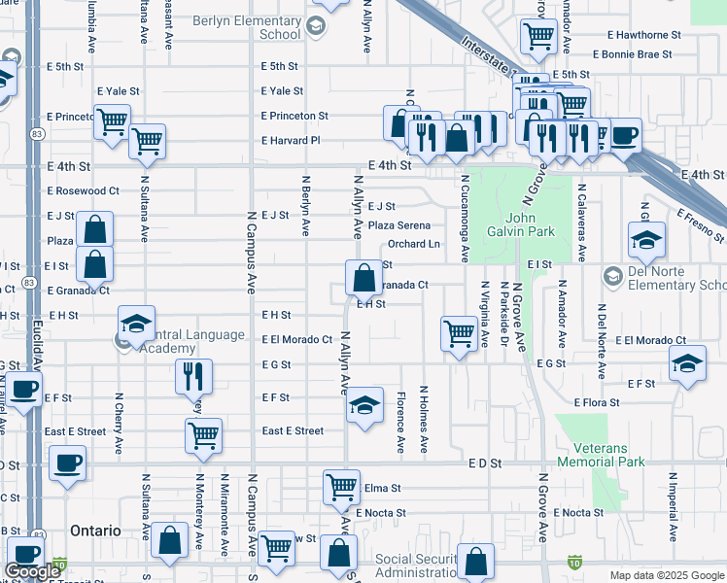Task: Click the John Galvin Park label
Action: pos(529,225)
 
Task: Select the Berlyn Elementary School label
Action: pos(246,27)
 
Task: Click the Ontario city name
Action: pos(95,532)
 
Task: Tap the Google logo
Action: pos(33,571)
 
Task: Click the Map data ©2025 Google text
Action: pos(667,575)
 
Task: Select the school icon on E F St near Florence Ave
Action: pos(364,405)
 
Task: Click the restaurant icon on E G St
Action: pos(192,375)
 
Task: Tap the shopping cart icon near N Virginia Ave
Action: pos(458,333)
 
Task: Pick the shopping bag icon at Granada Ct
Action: pos(363,277)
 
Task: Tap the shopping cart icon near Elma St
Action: pos(341,487)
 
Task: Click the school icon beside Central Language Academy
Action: pos(136,324)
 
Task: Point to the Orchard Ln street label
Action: pos(414,244)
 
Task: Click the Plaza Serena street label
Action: pos(399,225)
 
